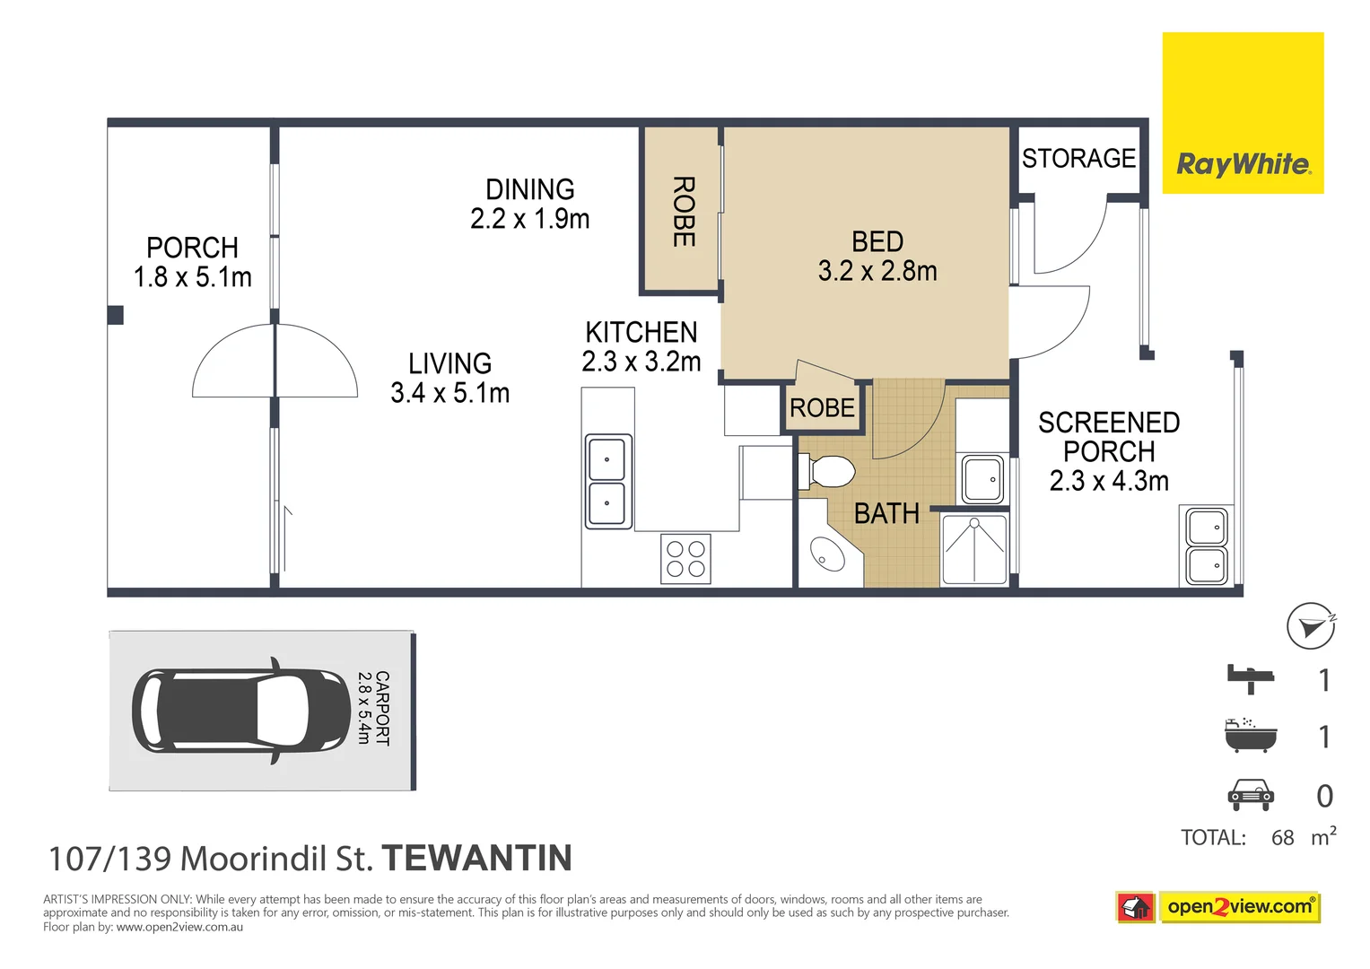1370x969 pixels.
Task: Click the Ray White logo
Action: [1243, 113]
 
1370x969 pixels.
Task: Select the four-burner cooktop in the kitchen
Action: [686, 559]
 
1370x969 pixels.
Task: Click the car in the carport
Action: [240, 711]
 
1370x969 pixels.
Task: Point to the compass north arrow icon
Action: [1311, 625]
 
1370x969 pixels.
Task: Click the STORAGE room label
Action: [1078, 159]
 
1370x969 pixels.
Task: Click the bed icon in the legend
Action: [1251, 678]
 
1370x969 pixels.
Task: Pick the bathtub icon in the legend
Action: [1250, 735]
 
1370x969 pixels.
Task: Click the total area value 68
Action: [1282, 838]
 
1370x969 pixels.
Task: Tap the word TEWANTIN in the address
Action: [477, 859]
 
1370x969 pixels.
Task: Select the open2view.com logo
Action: [1239, 907]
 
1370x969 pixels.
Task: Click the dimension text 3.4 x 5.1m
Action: [449, 393]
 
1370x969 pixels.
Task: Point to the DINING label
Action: [529, 189]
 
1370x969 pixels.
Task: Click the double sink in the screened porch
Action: [1206, 546]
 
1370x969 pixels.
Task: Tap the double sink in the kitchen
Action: [608, 482]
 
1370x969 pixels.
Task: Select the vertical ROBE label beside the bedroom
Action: [683, 212]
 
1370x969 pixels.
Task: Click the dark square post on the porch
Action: [115, 315]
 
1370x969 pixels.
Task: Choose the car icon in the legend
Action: [1250, 795]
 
